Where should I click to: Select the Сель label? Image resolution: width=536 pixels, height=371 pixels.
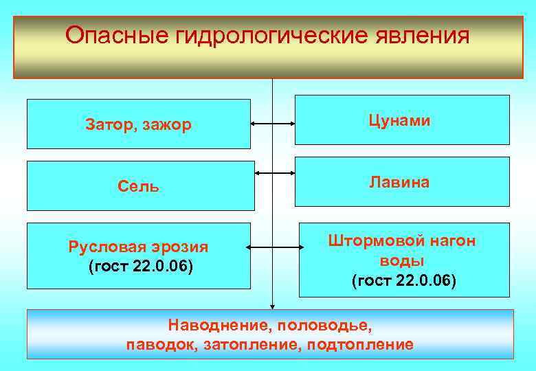tap(138, 186)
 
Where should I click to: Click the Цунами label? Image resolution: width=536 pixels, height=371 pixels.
tap(400, 120)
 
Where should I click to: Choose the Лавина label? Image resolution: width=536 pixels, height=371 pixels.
tap(400, 182)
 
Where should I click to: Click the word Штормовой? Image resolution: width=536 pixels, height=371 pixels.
tap(371, 241)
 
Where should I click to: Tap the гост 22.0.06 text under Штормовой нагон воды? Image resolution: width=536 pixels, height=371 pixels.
tap(403, 281)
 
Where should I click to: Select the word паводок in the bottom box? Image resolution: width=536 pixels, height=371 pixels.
tap(161, 344)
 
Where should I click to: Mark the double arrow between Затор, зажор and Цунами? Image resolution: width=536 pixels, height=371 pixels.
tap(273, 124)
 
